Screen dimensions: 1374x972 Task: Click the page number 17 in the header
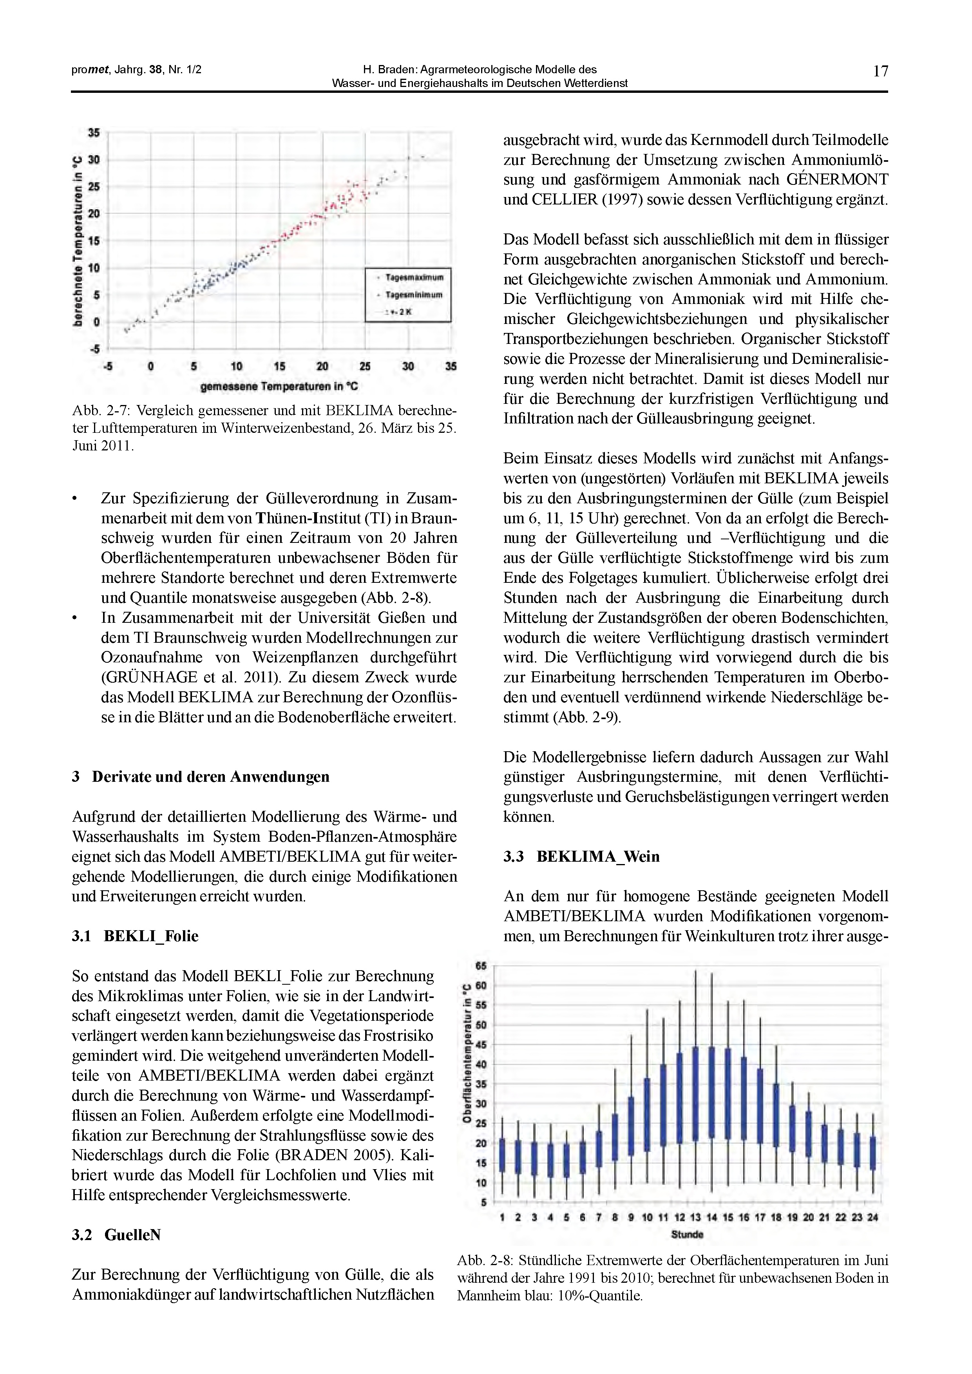pos(880,72)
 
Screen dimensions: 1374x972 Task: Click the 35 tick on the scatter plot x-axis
pos(451,366)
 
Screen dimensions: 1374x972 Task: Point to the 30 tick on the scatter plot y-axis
pos(94,160)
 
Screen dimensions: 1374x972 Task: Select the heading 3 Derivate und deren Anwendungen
pos(201,777)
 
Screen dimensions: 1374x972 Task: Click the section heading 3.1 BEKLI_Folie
pos(135,936)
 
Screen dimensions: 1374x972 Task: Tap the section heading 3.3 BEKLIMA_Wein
pos(581,856)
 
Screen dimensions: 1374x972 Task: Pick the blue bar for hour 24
pos(872,1153)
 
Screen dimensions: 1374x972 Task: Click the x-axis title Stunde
pos(687,1234)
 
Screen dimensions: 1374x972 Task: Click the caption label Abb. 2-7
pos(100,411)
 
